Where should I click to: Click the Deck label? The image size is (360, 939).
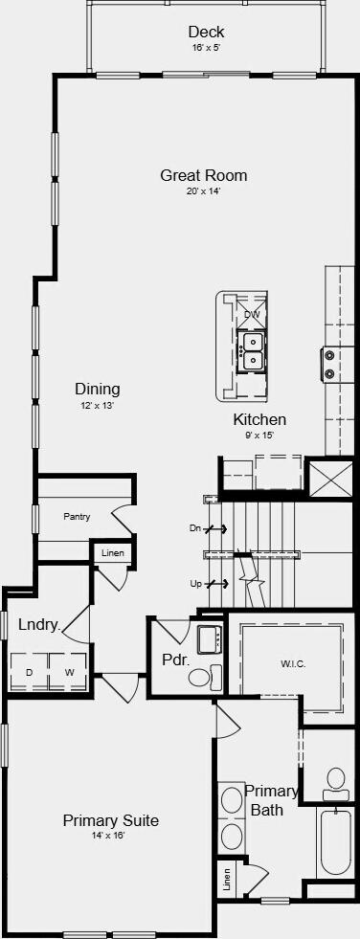pos(206,32)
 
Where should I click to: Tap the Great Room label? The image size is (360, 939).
pos(204,175)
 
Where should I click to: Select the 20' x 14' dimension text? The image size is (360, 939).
pos(204,191)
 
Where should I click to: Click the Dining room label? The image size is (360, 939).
pos(98,390)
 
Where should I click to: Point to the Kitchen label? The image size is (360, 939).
pos(259,420)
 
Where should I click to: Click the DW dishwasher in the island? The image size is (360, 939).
pos(252,313)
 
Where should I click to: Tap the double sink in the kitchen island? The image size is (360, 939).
pos(252,351)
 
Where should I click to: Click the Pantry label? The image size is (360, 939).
pos(77,517)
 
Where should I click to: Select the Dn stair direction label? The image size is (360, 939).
pos(195,528)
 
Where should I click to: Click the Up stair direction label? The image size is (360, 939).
pos(195,583)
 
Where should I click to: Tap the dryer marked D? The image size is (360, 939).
pos(30,673)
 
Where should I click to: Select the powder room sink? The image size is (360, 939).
pos(210,639)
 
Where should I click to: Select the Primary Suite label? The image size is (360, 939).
pos(111,820)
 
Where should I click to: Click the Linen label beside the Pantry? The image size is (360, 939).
pos(113,552)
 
